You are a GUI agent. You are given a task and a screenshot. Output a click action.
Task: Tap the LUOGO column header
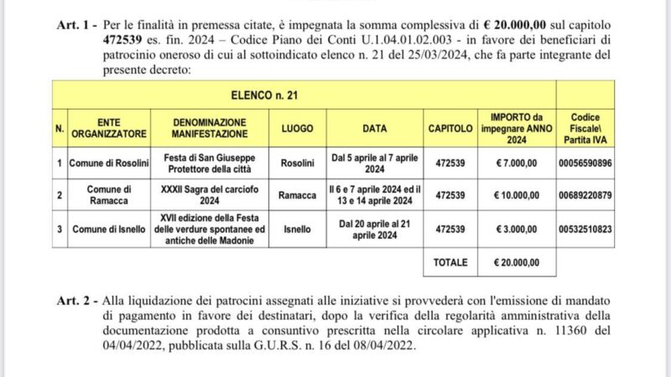(x=298, y=128)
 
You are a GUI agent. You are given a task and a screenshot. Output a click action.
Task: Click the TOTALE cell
(x=450, y=262)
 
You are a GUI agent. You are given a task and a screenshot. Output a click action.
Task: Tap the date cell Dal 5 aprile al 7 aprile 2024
(x=373, y=162)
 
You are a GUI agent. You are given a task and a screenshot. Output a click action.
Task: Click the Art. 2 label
(x=75, y=299)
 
